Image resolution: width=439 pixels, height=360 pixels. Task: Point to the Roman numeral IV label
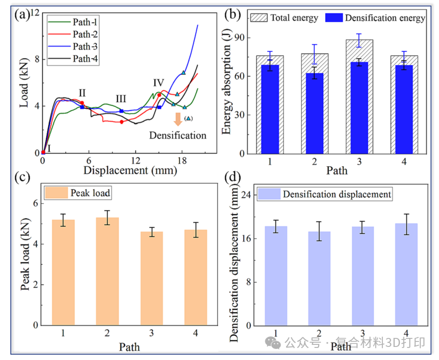coord(158,82)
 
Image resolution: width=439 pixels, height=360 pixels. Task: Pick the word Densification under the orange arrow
coord(178,135)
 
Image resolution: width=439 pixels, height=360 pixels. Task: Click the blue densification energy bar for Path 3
coord(359,107)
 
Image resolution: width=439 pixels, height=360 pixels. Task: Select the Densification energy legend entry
coord(375,18)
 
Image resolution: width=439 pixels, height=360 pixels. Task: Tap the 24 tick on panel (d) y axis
coord(246,195)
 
